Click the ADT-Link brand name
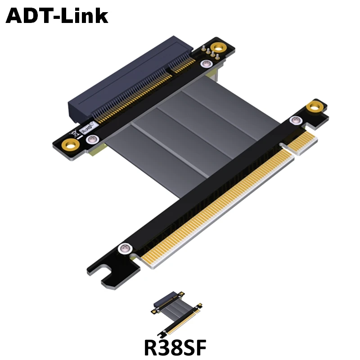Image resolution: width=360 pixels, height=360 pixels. (57, 16)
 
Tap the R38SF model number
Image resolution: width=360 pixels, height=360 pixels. (175, 347)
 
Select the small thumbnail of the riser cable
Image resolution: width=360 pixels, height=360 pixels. (176, 314)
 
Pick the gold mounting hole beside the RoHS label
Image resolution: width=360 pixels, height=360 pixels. (71, 145)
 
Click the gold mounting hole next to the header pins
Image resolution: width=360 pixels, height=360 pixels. (219, 48)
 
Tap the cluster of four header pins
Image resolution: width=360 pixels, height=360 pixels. (210, 52)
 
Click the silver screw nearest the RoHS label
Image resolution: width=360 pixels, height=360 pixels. (92, 139)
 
